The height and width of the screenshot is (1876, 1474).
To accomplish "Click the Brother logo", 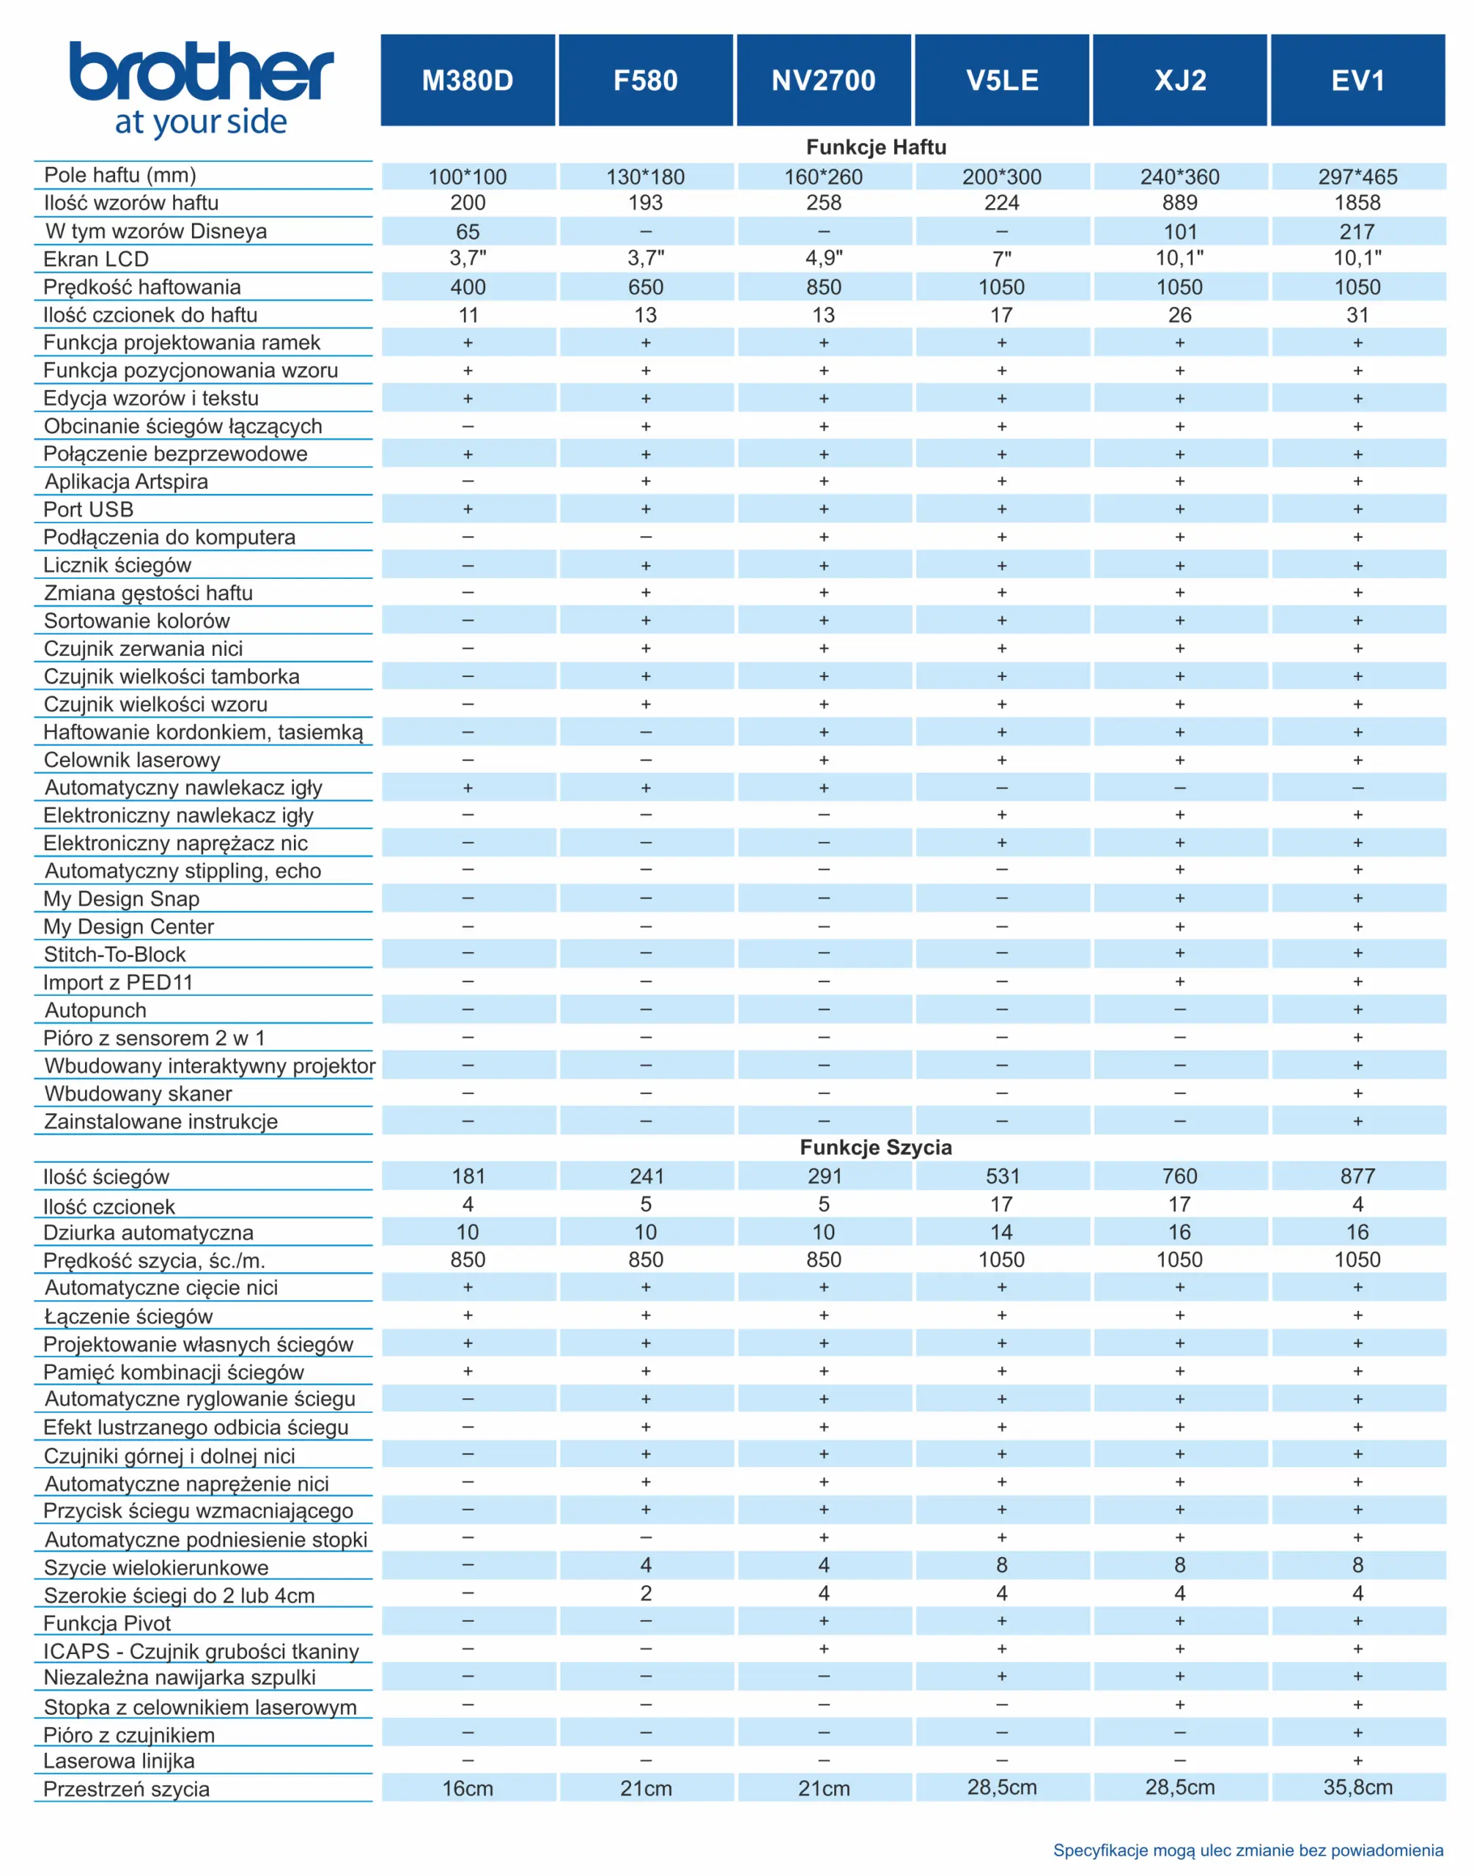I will point(201,88).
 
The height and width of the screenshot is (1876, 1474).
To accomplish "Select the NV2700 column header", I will point(823,81).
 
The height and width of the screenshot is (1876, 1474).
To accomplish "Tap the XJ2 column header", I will point(1180,81).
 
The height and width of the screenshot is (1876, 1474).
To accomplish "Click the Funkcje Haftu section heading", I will point(876,147).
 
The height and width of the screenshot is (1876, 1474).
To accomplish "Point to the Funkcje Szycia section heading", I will point(876,1147).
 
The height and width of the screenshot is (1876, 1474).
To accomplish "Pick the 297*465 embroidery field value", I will point(1357,177).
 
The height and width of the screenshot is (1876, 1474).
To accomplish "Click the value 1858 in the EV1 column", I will point(1357,203).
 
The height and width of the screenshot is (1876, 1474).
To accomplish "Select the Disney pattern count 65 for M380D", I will point(468,232).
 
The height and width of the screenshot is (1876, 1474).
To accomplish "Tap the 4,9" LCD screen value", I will point(823,258).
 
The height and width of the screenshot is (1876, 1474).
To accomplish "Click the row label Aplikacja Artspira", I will point(126,481).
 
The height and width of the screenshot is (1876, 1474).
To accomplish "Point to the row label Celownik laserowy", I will point(132,759).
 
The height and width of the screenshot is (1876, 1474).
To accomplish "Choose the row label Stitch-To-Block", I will point(115,954).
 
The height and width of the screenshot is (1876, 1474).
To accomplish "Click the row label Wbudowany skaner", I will point(138,1093).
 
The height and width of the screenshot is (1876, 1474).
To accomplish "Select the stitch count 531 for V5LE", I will point(1002,1176).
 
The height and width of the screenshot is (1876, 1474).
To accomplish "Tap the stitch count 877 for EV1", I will point(1357,1176).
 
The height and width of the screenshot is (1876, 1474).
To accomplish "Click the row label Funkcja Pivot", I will point(107,1623).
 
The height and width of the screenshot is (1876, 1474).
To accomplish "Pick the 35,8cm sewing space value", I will point(1357,1787).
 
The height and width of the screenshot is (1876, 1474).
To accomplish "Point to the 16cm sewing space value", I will point(468,1788).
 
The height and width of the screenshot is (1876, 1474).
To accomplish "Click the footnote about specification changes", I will point(1248,1850).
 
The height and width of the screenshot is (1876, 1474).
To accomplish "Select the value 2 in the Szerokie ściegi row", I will point(646,1594).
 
